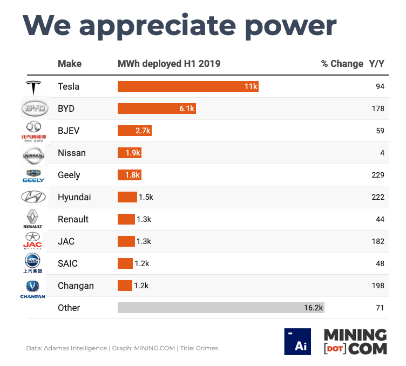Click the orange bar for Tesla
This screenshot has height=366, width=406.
pyautogui.click(x=188, y=86)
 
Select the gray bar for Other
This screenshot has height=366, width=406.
pyautogui.click(x=221, y=308)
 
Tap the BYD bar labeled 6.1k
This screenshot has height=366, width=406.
pyautogui.click(x=157, y=109)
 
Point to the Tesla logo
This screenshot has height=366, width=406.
pyautogui.click(x=33, y=87)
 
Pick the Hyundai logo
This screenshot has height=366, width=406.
pyautogui.click(x=33, y=197)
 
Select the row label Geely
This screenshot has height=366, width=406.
pyautogui.click(x=69, y=175)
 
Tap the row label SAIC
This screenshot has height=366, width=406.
pyautogui.click(x=67, y=263)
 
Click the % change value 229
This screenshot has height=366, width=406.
pyautogui.click(x=377, y=175)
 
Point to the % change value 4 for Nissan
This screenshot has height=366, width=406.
pyautogui.click(x=382, y=153)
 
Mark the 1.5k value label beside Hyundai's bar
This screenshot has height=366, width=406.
pyautogui.click(x=146, y=197)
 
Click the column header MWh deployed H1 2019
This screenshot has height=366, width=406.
pyautogui.click(x=169, y=64)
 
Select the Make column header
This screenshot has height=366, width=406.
pyautogui.click(x=70, y=64)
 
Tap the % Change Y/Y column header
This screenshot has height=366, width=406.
pyautogui.click(x=353, y=64)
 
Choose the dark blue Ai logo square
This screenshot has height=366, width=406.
pyautogui.click(x=297, y=342)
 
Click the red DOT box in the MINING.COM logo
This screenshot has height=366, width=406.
pyautogui.click(x=334, y=349)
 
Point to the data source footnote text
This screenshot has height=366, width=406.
pyautogui.click(x=122, y=348)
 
